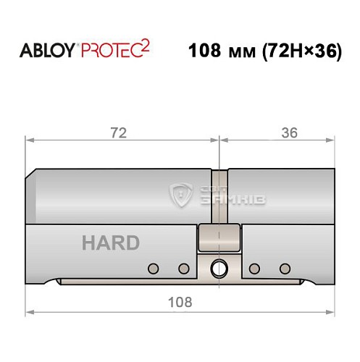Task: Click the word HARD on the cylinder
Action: tap(110, 243)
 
